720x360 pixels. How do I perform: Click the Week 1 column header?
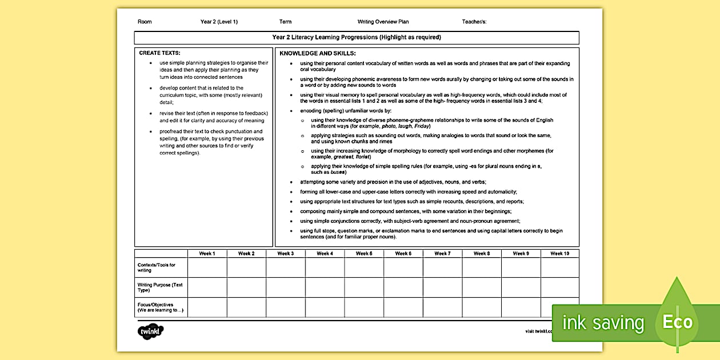[207, 253]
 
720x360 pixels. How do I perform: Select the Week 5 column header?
[363, 253]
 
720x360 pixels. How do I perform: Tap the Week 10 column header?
[559, 253]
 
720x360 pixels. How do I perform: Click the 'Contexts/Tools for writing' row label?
[157, 267]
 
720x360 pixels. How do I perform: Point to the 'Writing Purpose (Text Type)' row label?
[160, 287]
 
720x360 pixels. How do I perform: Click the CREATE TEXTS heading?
[159, 53]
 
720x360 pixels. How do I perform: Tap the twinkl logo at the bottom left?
[151, 331]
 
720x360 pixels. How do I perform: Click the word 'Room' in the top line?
[145, 22]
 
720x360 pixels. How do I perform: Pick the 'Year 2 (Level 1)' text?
[219, 22]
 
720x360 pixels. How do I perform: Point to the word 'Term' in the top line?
[285, 22]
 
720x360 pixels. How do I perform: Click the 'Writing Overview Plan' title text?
[383, 22]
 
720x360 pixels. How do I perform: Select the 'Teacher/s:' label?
[474, 22]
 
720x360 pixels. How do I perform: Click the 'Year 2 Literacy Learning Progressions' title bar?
[357, 37]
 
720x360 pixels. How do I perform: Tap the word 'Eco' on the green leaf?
[677, 322]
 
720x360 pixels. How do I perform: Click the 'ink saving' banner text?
[603, 323]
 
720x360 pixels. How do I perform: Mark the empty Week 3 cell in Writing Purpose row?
[285, 287]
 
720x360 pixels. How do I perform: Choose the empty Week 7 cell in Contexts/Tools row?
[442, 267]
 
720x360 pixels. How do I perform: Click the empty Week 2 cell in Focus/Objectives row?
[246, 307]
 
